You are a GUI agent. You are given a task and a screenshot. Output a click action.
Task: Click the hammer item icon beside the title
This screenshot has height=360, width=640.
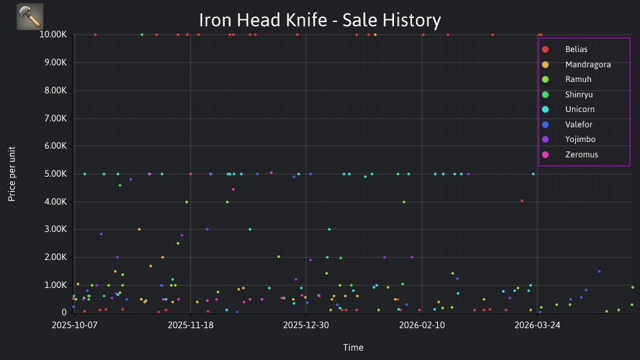pyautogui.click(x=30, y=17)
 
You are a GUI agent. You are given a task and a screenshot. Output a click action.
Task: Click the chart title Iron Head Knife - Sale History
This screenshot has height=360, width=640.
pyautogui.click(x=320, y=20)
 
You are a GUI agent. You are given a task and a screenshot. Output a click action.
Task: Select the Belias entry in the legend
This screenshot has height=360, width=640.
pyautogui.click(x=576, y=49)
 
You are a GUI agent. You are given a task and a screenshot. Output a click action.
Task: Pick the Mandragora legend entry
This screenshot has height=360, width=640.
pyautogui.click(x=588, y=65)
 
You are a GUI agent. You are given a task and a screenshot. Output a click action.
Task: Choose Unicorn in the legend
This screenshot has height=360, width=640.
pyautogui.click(x=579, y=109)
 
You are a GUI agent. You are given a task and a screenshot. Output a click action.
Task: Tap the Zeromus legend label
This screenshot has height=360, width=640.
pyautogui.click(x=581, y=155)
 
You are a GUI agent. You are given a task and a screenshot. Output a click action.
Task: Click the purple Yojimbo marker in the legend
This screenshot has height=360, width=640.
pyautogui.click(x=545, y=139)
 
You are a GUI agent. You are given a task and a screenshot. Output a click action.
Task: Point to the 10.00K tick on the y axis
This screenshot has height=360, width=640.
pyautogui.click(x=53, y=35)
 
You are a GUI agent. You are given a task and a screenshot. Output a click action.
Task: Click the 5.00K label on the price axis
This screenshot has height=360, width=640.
pyautogui.click(x=55, y=174)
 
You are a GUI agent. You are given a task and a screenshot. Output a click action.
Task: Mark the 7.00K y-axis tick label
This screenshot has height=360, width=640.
pyautogui.click(x=55, y=119)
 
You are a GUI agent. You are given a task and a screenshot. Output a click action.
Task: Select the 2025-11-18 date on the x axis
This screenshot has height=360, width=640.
pyautogui.click(x=191, y=325)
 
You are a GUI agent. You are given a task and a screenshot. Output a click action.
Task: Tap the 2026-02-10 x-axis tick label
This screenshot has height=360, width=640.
pyautogui.click(x=422, y=325)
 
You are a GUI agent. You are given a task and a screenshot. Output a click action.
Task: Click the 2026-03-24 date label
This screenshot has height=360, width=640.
pyautogui.click(x=537, y=325)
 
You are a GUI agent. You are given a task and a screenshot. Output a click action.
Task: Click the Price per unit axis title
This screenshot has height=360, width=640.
pyautogui.click(x=12, y=174)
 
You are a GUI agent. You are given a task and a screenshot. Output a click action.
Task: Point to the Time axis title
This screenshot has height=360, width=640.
pyautogui.click(x=353, y=348)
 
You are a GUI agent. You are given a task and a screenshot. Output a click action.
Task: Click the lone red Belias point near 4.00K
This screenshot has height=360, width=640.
pyautogui.click(x=522, y=201)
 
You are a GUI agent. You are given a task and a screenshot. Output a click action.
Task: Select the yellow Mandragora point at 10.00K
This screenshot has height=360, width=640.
pyautogui.click(x=375, y=35)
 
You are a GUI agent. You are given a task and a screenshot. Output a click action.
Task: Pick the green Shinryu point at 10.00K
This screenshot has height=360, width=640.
pyautogui.click(x=142, y=35)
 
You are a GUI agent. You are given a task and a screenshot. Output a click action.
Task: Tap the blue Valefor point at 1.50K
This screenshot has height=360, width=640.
pyautogui.click(x=599, y=271)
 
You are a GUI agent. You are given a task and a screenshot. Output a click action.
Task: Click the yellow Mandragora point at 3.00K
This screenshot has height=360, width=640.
pyautogui.click(x=139, y=229)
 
